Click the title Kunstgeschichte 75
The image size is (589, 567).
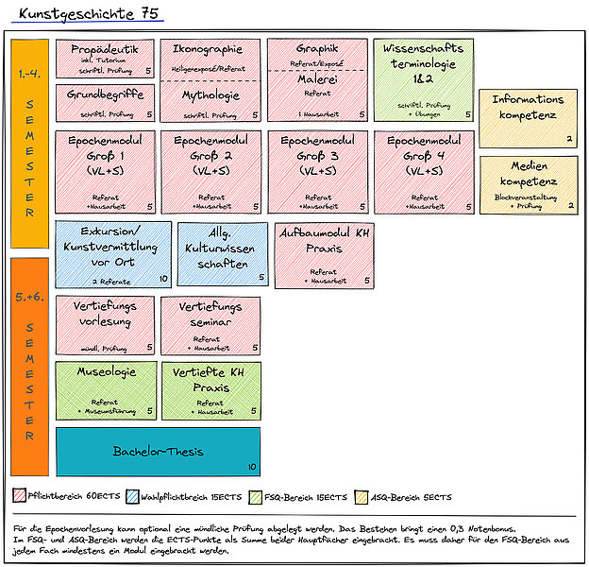pyautogui.click(x=91, y=13)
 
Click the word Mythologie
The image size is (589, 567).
pyautogui.click(x=210, y=95)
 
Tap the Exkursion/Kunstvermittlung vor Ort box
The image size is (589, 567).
pyautogui.click(x=113, y=253)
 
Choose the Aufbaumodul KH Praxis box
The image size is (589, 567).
pyautogui.click(x=324, y=253)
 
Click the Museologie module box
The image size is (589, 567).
pyautogui.click(x=105, y=389)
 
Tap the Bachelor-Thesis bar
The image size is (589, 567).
pyautogui.click(x=158, y=452)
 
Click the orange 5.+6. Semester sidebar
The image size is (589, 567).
pyautogui.click(x=29, y=367)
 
